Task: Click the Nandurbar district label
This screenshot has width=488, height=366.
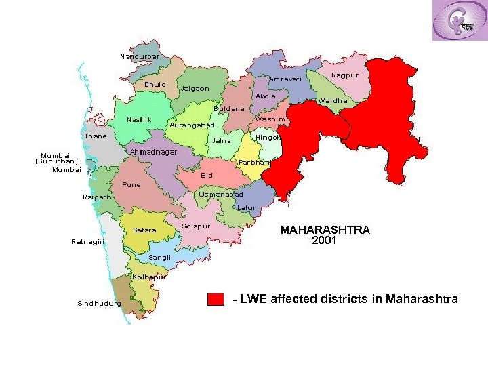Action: (140, 56)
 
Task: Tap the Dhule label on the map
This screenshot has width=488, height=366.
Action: (155, 85)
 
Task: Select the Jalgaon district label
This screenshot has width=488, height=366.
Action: (195, 89)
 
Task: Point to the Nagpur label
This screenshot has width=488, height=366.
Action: (345, 75)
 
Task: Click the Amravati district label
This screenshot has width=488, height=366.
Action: (285, 79)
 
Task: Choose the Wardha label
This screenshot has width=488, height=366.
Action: (333, 101)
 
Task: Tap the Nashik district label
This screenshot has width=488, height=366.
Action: (139, 120)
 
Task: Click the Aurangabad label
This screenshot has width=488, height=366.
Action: (192, 125)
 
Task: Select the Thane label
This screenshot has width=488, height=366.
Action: (95, 136)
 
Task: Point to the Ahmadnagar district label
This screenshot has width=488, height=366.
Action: (153, 152)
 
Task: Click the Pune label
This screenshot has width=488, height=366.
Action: (131, 184)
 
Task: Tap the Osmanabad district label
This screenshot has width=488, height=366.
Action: (220, 195)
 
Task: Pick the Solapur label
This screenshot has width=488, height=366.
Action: (196, 225)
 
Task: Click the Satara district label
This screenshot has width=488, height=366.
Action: (144, 230)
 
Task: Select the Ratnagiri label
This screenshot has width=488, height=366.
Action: (87, 242)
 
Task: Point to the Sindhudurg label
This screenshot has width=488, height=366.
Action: (99, 304)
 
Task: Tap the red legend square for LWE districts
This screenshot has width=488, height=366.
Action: (216, 300)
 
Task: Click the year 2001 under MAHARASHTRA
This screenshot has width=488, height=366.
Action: (325, 240)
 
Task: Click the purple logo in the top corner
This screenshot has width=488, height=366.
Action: (459, 20)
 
